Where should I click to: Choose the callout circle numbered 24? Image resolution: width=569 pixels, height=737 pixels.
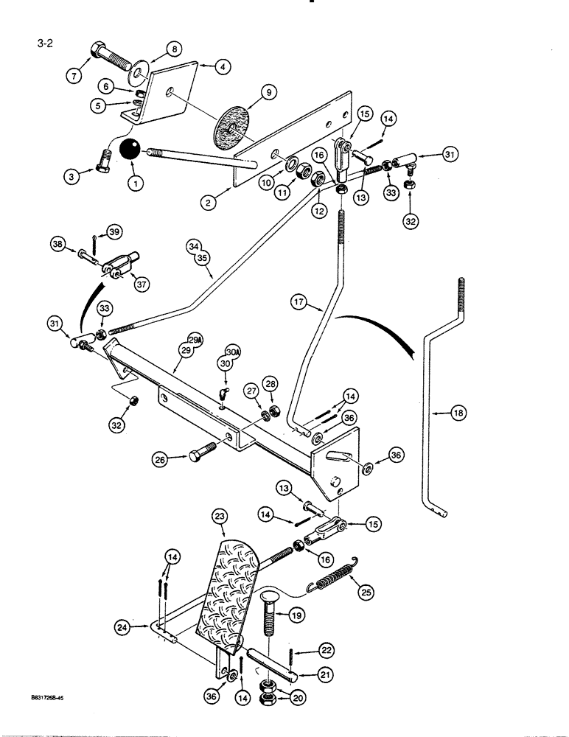tap(124, 628)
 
